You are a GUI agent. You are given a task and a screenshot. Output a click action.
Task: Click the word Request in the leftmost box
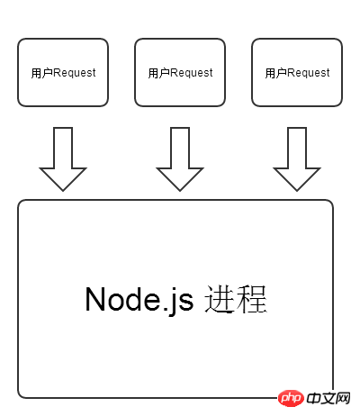[75, 73]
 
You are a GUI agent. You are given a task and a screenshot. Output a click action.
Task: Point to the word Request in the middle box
[192, 73]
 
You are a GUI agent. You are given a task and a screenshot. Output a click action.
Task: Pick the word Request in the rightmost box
[309, 73]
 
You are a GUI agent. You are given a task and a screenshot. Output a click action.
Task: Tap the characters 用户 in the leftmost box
[42, 73]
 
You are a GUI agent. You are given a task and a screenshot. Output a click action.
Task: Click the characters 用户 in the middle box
[159, 73]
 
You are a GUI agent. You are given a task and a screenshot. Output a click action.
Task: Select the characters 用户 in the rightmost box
[276, 73]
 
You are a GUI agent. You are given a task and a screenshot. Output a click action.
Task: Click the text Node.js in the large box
[139, 300]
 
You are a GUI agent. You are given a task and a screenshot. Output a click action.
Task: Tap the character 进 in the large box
[220, 299]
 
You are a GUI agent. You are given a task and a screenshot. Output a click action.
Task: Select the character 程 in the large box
[251, 299]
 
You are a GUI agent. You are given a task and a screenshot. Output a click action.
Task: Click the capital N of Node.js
[95, 299]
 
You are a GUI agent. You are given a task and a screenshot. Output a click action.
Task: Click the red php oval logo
[291, 398]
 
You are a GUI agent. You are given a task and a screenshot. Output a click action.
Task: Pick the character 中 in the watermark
[313, 398]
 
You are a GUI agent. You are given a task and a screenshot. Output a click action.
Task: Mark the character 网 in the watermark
[343, 398]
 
